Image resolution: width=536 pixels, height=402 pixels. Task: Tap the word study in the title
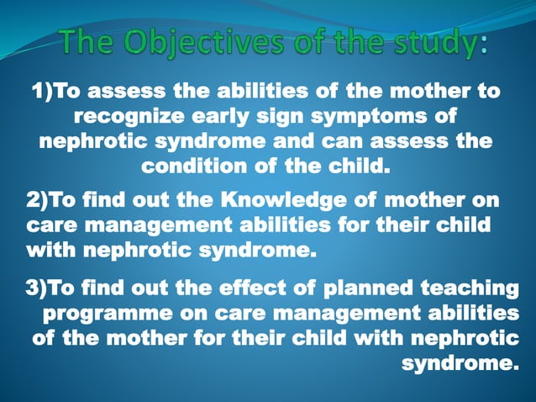434,41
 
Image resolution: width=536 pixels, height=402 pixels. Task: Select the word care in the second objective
54,226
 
